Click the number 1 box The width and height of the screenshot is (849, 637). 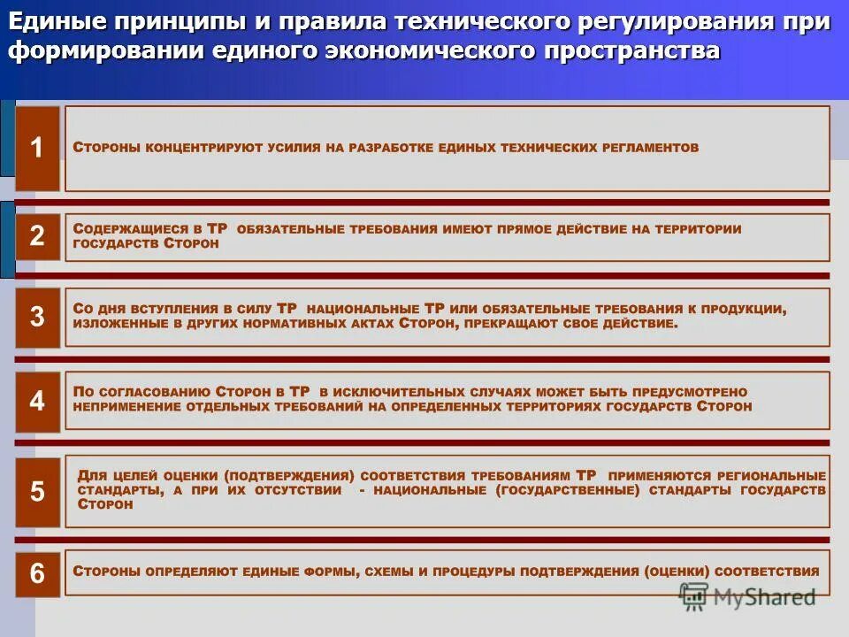[x=37, y=149]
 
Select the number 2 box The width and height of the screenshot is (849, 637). [x=37, y=236]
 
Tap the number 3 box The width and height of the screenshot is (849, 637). [x=37, y=318]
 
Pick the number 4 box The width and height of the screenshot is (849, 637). [x=37, y=402]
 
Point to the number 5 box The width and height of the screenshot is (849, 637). [x=37, y=492]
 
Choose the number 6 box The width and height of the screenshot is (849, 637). [x=37, y=573]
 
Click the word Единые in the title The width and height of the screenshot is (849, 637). [x=52, y=21]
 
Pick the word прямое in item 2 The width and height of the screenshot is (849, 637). [x=516, y=229]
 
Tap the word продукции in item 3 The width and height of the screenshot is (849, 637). [x=744, y=310]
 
